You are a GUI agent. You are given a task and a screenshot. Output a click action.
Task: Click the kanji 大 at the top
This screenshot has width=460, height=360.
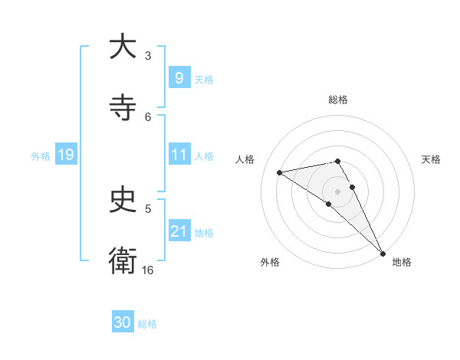click(x=123, y=47)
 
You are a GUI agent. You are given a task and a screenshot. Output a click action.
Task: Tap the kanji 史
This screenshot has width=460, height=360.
click(x=123, y=200)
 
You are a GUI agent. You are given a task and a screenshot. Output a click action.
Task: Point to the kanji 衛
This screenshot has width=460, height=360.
click(x=123, y=260)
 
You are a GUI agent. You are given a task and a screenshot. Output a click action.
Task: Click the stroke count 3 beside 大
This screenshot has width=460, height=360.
click(x=148, y=55)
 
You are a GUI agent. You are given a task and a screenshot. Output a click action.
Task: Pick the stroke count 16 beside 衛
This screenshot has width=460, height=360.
click(x=148, y=270)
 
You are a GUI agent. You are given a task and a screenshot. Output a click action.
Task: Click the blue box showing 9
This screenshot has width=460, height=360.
click(x=179, y=77)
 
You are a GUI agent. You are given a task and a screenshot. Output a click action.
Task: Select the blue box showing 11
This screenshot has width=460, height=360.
click(x=179, y=155)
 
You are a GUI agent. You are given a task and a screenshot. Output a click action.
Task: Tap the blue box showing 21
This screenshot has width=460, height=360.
click(x=179, y=231)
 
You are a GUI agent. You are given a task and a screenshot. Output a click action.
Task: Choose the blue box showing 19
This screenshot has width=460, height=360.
click(x=66, y=155)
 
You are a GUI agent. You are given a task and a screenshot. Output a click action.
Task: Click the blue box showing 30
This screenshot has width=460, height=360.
click(x=123, y=322)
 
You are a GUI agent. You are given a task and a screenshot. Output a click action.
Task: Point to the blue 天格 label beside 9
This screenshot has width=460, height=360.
click(x=204, y=79)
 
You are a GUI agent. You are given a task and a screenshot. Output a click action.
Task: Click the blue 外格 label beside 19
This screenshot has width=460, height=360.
click(x=41, y=155)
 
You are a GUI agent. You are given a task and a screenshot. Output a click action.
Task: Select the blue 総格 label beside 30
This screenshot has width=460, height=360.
click(x=147, y=324)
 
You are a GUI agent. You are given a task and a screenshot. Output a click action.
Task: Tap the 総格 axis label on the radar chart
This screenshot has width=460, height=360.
click(x=338, y=100)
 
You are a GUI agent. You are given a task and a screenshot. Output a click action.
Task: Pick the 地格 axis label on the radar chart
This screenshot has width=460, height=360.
click(x=402, y=262)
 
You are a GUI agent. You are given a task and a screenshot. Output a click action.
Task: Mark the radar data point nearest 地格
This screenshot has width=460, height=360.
click(x=383, y=252)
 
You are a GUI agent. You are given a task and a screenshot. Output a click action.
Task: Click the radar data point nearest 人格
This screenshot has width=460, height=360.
click(x=280, y=172)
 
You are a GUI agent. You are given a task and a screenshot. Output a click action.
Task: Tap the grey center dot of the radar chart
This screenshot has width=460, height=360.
click(x=338, y=190)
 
